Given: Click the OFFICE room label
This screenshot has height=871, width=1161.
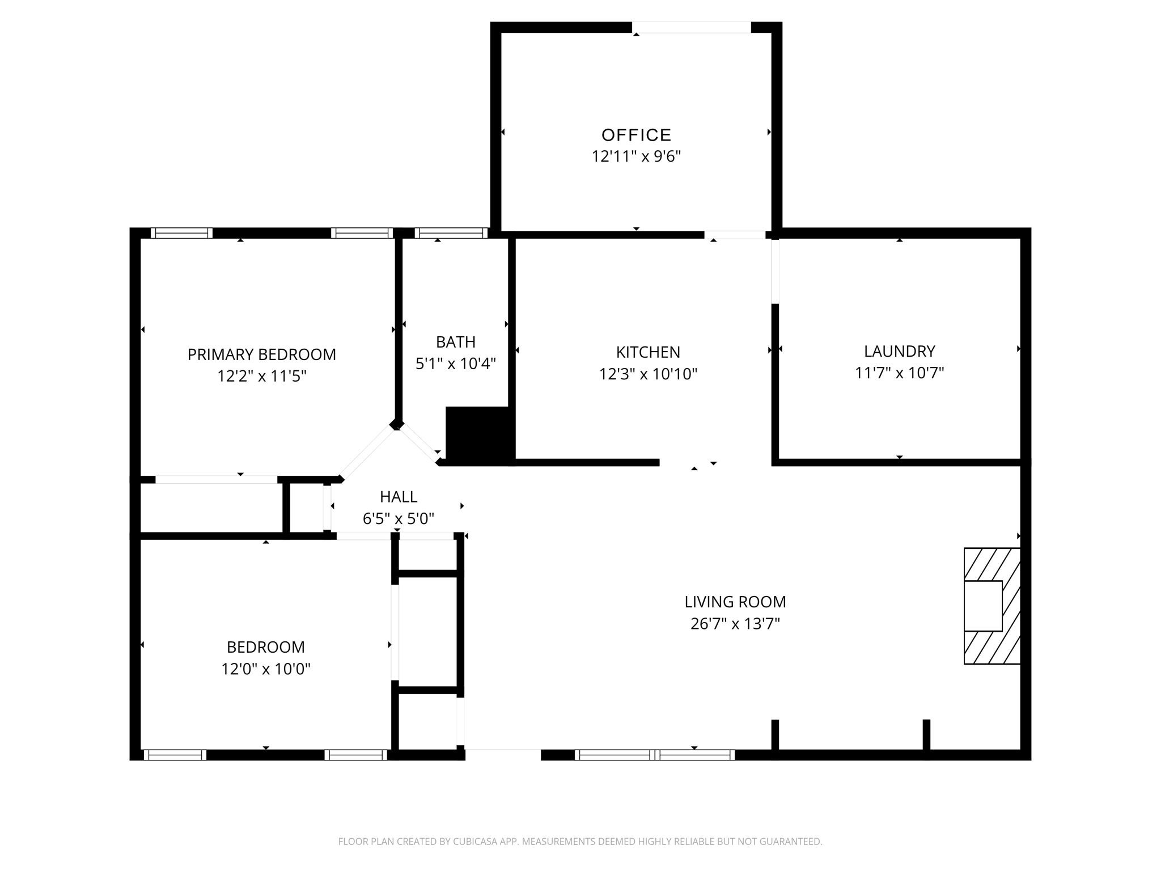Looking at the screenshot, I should pyautogui.click(x=636, y=135).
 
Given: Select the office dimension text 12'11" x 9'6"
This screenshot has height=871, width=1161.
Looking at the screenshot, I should pyautogui.click(x=636, y=157).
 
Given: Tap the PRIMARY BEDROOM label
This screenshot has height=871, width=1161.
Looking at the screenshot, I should pyautogui.click(x=261, y=354).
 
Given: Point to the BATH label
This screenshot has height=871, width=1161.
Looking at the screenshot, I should pyautogui.click(x=455, y=342).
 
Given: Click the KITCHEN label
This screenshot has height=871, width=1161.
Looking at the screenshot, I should pyautogui.click(x=648, y=352).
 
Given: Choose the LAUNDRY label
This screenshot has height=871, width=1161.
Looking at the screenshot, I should pyautogui.click(x=899, y=352).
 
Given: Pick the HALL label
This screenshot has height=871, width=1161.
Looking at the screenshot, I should pyautogui.click(x=399, y=497).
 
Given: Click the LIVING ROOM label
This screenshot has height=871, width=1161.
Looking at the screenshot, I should pyautogui.click(x=735, y=602).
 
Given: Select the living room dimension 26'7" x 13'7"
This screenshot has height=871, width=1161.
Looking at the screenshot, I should pyautogui.click(x=735, y=624).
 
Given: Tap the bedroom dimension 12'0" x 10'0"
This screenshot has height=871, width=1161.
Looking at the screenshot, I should pyautogui.click(x=265, y=669).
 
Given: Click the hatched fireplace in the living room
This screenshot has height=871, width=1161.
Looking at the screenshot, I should pyautogui.click(x=992, y=606).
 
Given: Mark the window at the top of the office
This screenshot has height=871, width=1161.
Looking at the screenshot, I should pyautogui.click(x=691, y=27).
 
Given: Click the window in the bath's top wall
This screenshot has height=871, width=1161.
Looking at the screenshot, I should pyautogui.click(x=451, y=233).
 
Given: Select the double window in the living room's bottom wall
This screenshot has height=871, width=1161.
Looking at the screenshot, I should pyautogui.click(x=655, y=755).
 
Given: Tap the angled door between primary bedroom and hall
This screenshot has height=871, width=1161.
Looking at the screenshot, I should pyautogui.click(x=367, y=453).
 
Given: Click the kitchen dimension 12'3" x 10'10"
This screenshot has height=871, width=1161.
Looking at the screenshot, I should pyautogui.click(x=648, y=374).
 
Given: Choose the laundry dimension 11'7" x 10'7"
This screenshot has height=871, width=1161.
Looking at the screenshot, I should pyautogui.click(x=899, y=373).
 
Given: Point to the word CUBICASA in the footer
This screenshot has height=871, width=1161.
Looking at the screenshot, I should pyautogui.click(x=475, y=842).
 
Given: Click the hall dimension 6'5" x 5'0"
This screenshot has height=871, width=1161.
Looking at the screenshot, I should pyautogui.click(x=399, y=519).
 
